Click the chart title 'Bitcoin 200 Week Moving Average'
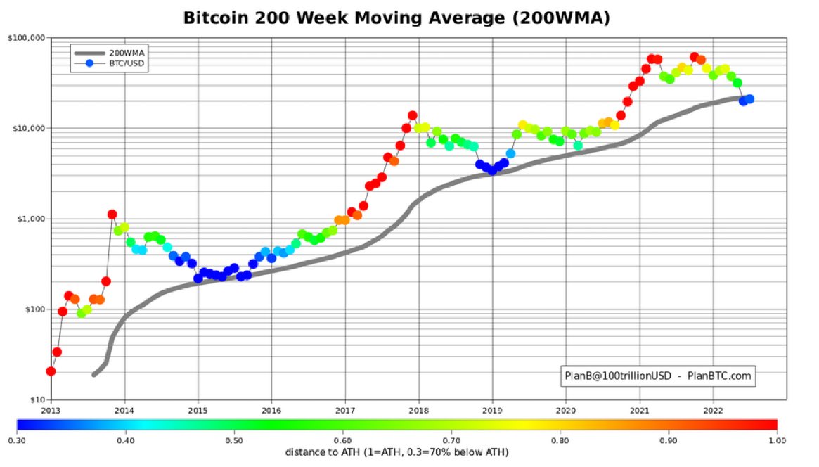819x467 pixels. click(x=396, y=18)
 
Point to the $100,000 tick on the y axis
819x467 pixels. click(x=25, y=37)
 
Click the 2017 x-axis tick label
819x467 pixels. click(x=344, y=409)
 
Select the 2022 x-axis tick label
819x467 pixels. click(x=713, y=409)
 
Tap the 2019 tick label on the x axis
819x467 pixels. click(x=492, y=409)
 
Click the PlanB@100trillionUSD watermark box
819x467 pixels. click(x=658, y=376)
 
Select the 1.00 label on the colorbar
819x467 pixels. click(x=777, y=440)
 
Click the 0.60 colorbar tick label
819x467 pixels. click(x=342, y=440)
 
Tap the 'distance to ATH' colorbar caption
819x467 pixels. click(x=396, y=452)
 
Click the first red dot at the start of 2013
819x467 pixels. click(x=51, y=371)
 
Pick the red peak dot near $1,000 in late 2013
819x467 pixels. click(x=112, y=214)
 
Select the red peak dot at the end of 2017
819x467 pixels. click(x=413, y=115)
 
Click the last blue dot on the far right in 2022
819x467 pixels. click(x=749, y=99)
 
